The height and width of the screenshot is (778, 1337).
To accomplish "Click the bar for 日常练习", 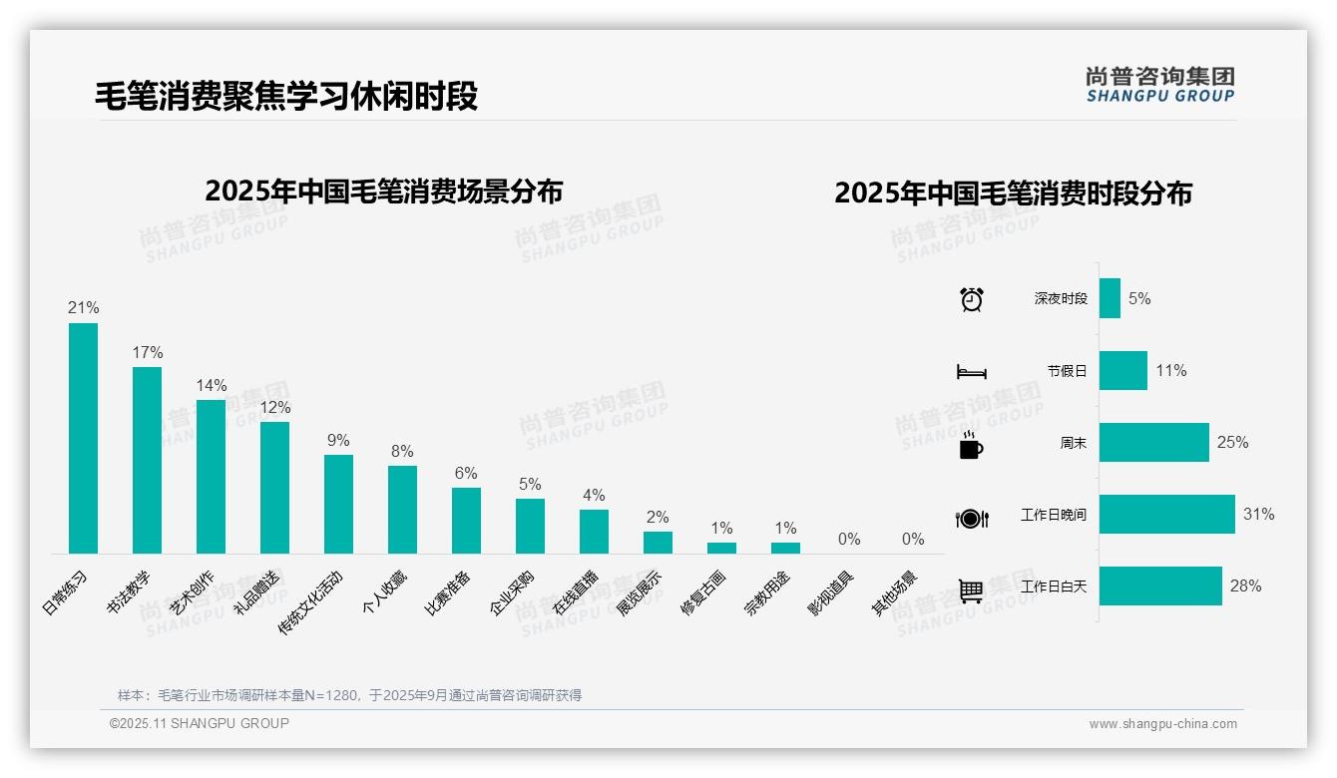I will (83, 438).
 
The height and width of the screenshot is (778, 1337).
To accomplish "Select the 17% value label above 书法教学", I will (147, 353).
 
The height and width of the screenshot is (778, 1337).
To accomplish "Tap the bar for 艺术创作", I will (211, 476).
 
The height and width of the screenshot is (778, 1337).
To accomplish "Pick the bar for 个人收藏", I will (402, 509).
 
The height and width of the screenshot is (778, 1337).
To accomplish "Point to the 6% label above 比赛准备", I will (466, 474).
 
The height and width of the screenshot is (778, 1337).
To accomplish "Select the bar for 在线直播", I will (594, 531).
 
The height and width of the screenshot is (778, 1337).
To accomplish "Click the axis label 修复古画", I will (702, 592).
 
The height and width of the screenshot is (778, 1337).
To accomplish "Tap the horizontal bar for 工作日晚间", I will (1166, 515).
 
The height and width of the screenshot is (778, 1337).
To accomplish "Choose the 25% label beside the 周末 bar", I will (1232, 443).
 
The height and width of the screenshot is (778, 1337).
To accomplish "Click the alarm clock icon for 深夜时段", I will (972, 299).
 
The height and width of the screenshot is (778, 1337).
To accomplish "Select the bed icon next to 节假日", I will (972, 372).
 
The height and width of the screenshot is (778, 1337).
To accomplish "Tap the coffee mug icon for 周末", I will (971, 445).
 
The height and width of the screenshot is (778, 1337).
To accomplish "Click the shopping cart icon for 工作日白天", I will (971, 590).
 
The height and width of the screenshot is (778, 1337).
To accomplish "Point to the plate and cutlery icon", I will (972, 518).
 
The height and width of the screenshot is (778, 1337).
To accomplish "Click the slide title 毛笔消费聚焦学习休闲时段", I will (286, 96).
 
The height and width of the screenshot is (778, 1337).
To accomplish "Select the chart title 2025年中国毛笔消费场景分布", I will (384, 192).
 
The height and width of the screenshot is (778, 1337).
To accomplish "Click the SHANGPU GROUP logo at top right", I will (1160, 85).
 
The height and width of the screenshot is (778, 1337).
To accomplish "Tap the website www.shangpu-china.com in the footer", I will (1162, 724).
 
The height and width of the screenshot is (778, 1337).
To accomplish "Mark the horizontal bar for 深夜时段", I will (1110, 299).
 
